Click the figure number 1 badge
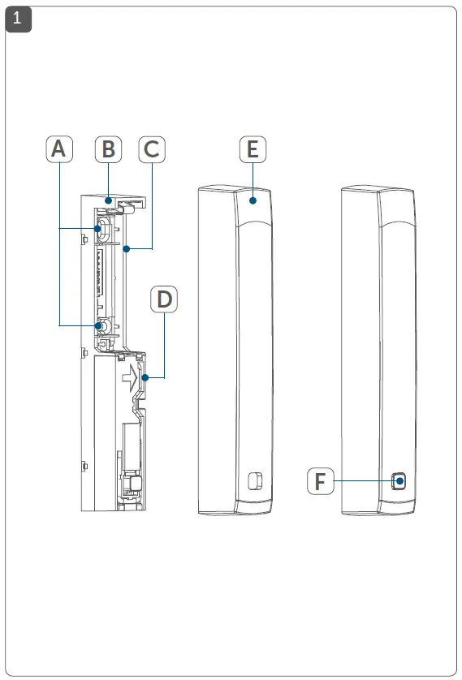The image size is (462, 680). (x=18, y=19)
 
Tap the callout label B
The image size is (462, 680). (x=108, y=149)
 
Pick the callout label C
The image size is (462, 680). (x=151, y=149)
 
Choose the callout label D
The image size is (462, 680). (x=165, y=299)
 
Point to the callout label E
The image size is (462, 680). (x=253, y=149)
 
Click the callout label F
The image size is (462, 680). (x=320, y=482)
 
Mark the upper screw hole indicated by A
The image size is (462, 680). (x=98, y=230)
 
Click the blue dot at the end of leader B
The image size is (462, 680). (x=108, y=196)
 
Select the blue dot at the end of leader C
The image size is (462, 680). (x=126, y=249)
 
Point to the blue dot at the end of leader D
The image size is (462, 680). (x=144, y=377)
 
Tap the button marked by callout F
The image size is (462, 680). (x=399, y=481)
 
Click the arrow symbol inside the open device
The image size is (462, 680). (x=127, y=376)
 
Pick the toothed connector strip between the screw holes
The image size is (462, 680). (x=101, y=277)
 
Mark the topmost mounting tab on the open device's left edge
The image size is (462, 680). (x=84, y=238)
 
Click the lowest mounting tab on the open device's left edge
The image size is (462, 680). (x=84, y=465)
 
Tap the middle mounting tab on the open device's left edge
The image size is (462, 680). (x=84, y=352)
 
